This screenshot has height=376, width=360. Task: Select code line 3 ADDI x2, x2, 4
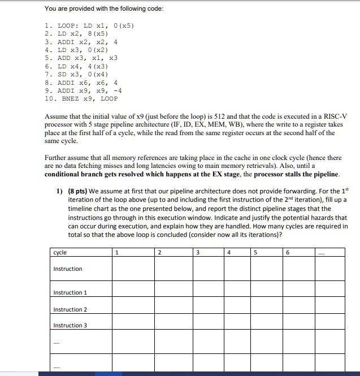80,42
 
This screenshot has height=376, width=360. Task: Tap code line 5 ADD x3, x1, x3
80,58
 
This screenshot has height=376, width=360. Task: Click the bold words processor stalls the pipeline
296,174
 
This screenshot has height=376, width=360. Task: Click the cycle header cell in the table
60,252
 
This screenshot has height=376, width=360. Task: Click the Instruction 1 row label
70,292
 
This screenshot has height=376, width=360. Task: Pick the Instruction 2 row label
70,309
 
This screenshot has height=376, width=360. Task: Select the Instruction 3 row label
70,325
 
